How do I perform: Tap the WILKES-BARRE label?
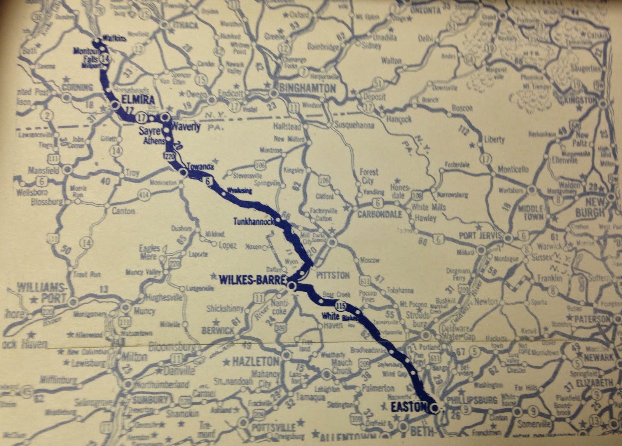[253, 279]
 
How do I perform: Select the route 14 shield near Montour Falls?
[104, 57]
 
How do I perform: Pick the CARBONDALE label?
[379, 214]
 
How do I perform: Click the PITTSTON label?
[335, 275]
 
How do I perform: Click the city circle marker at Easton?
[435, 408]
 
